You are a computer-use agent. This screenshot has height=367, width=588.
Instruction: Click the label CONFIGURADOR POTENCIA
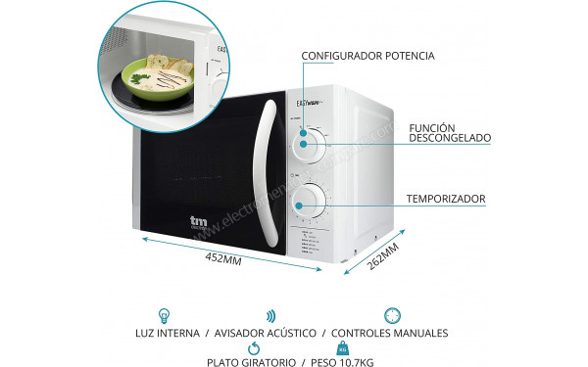pos(367,56)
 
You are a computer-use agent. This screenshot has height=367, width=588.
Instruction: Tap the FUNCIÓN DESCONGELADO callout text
pos(451,131)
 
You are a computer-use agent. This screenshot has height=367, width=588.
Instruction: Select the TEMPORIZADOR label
pos(446,199)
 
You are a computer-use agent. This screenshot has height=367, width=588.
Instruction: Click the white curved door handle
pos(261,172)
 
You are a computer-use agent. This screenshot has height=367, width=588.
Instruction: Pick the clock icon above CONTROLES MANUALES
pos(391,316)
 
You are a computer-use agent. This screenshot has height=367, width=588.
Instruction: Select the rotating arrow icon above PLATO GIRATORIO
pos(254,347)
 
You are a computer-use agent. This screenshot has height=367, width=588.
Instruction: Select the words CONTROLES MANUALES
pos(391,334)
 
